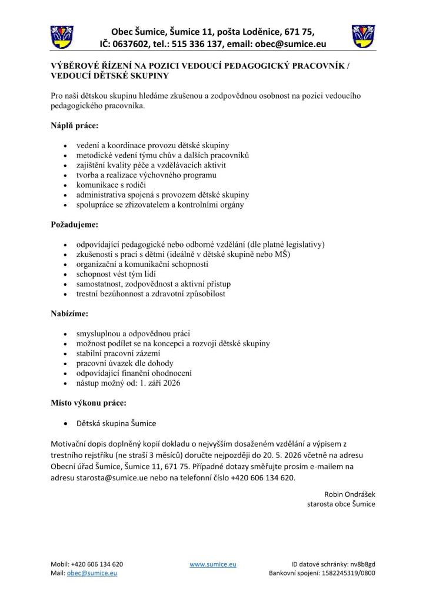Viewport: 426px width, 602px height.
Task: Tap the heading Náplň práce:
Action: (x=75, y=125)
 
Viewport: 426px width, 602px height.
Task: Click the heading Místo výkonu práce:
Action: (x=89, y=403)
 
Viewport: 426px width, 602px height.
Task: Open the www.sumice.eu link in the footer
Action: (x=213, y=564)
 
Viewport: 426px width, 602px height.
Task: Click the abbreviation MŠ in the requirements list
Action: (x=284, y=254)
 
